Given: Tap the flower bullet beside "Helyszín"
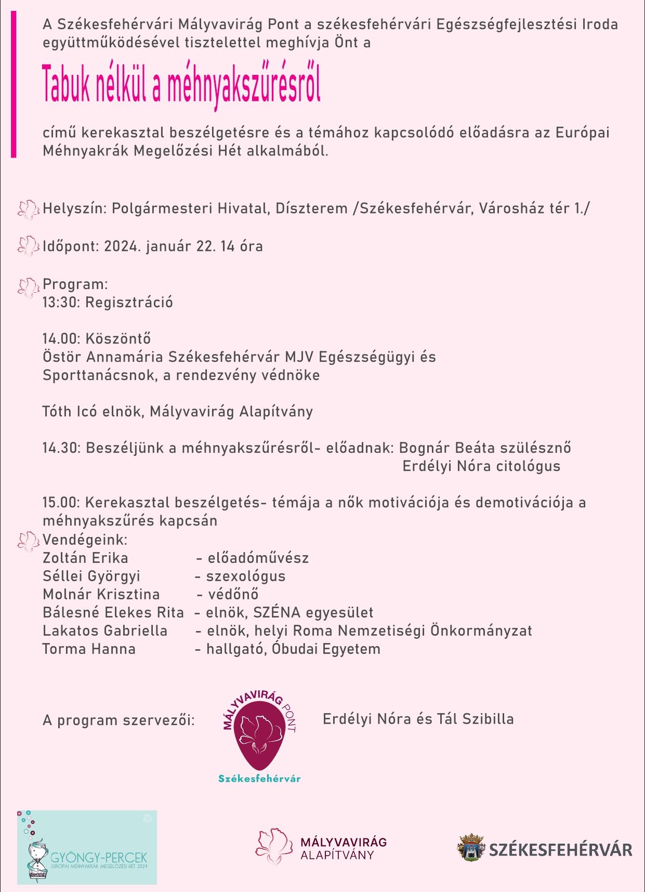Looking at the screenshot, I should coord(28,209).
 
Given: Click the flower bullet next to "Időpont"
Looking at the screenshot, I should coord(28,246).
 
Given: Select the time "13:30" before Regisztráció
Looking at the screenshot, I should coord(61,303).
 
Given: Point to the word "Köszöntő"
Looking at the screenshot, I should coord(118,339).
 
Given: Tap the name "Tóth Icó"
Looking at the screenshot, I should coord(69,412).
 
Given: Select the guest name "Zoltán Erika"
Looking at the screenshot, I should coord(85,558).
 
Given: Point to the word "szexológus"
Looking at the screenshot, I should coord(246,576).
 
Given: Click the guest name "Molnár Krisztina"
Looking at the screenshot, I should coord(101,595).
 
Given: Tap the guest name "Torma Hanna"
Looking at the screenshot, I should coord(89,649).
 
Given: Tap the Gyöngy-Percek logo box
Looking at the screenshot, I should coord(87,847).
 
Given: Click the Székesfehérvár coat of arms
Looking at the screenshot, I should coord(471,848).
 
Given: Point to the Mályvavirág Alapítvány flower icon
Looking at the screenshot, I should coord(274,847).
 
